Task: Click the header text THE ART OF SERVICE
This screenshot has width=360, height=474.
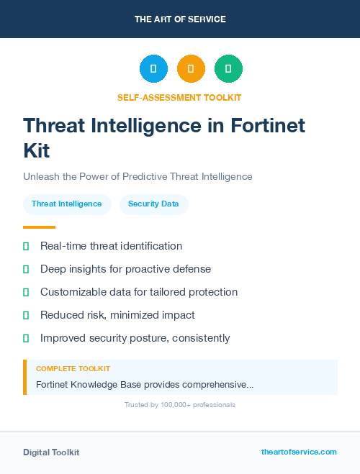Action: [x=180, y=19]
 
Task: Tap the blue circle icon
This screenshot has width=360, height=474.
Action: [x=153, y=68]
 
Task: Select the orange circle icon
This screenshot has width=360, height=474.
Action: [x=191, y=68]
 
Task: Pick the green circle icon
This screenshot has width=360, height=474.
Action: [x=228, y=68]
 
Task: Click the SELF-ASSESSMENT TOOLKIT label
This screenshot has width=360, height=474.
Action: [x=179, y=97]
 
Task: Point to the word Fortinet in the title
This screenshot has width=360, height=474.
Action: [x=267, y=125]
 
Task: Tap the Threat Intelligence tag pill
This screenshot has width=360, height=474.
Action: [x=67, y=204]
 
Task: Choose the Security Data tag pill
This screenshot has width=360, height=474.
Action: [x=153, y=204]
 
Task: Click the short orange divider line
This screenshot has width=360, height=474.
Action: [x=35, y=227]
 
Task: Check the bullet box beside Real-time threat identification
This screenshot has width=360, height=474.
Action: [x=26, y=246]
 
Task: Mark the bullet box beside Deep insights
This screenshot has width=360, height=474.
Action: [x=26, y=269]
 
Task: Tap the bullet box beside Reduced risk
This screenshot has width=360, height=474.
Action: [x=26, y=315]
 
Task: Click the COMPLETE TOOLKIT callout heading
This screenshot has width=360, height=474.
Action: [x=73, y=369]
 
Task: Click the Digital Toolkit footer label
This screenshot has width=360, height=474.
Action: [x=51, y=452]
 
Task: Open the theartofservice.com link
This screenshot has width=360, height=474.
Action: [x=299, y=452]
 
